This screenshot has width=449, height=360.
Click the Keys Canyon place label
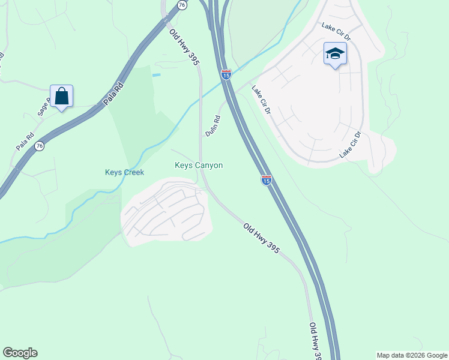[x=199, y=165]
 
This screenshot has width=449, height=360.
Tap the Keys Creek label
[x=124, y=172]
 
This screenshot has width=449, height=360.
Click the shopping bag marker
[x=62, y=97]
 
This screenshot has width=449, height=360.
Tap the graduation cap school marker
[x=335, y=55]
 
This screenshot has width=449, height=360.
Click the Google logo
[x=20, y=353]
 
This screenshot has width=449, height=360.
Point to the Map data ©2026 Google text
[x=412, y=355]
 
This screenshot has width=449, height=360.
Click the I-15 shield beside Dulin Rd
[x=226, y=74]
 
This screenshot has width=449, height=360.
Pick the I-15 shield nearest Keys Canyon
[x=266, y=179]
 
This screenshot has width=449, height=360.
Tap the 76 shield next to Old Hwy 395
[x=182, y=4]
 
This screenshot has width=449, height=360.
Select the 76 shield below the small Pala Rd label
[x=39, y=146]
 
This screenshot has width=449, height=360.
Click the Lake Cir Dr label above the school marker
[x=336, y=32]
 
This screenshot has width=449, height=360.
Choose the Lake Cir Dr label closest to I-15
[x=262, y=100]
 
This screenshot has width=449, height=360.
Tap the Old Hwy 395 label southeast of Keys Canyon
[x=261, y=238]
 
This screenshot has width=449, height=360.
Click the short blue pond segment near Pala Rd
[x=157, y=75]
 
